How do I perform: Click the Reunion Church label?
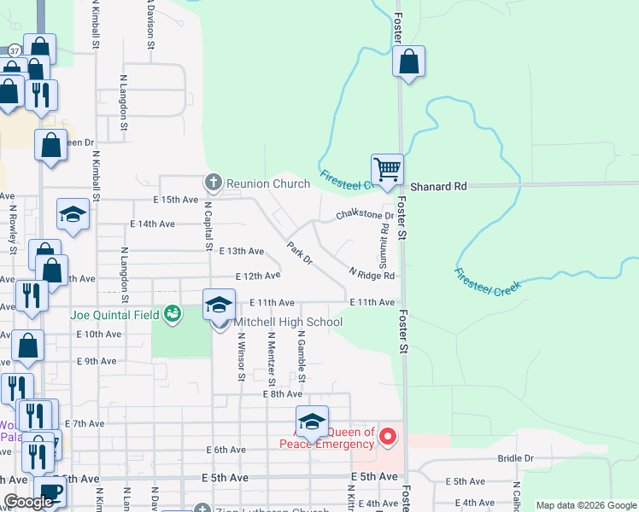pos(267,183)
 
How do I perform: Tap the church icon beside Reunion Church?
pos(213,183)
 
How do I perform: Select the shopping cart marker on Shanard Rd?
pos(388,169)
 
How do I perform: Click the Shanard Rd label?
pos(439,186)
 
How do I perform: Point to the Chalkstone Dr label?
pos(364,215)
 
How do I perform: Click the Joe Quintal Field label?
pos(115,314)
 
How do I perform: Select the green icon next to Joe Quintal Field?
pos(173,314)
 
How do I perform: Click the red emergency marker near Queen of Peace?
pos(388,438)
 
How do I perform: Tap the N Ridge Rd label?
pos(372,275)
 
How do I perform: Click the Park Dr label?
pos(300,254)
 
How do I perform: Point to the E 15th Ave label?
pos(175,200)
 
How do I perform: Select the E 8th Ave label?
pos(283,393)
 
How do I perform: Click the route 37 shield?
pos(14,51)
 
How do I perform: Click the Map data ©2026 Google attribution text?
pos(586,505)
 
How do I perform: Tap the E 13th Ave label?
pos(242,252)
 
